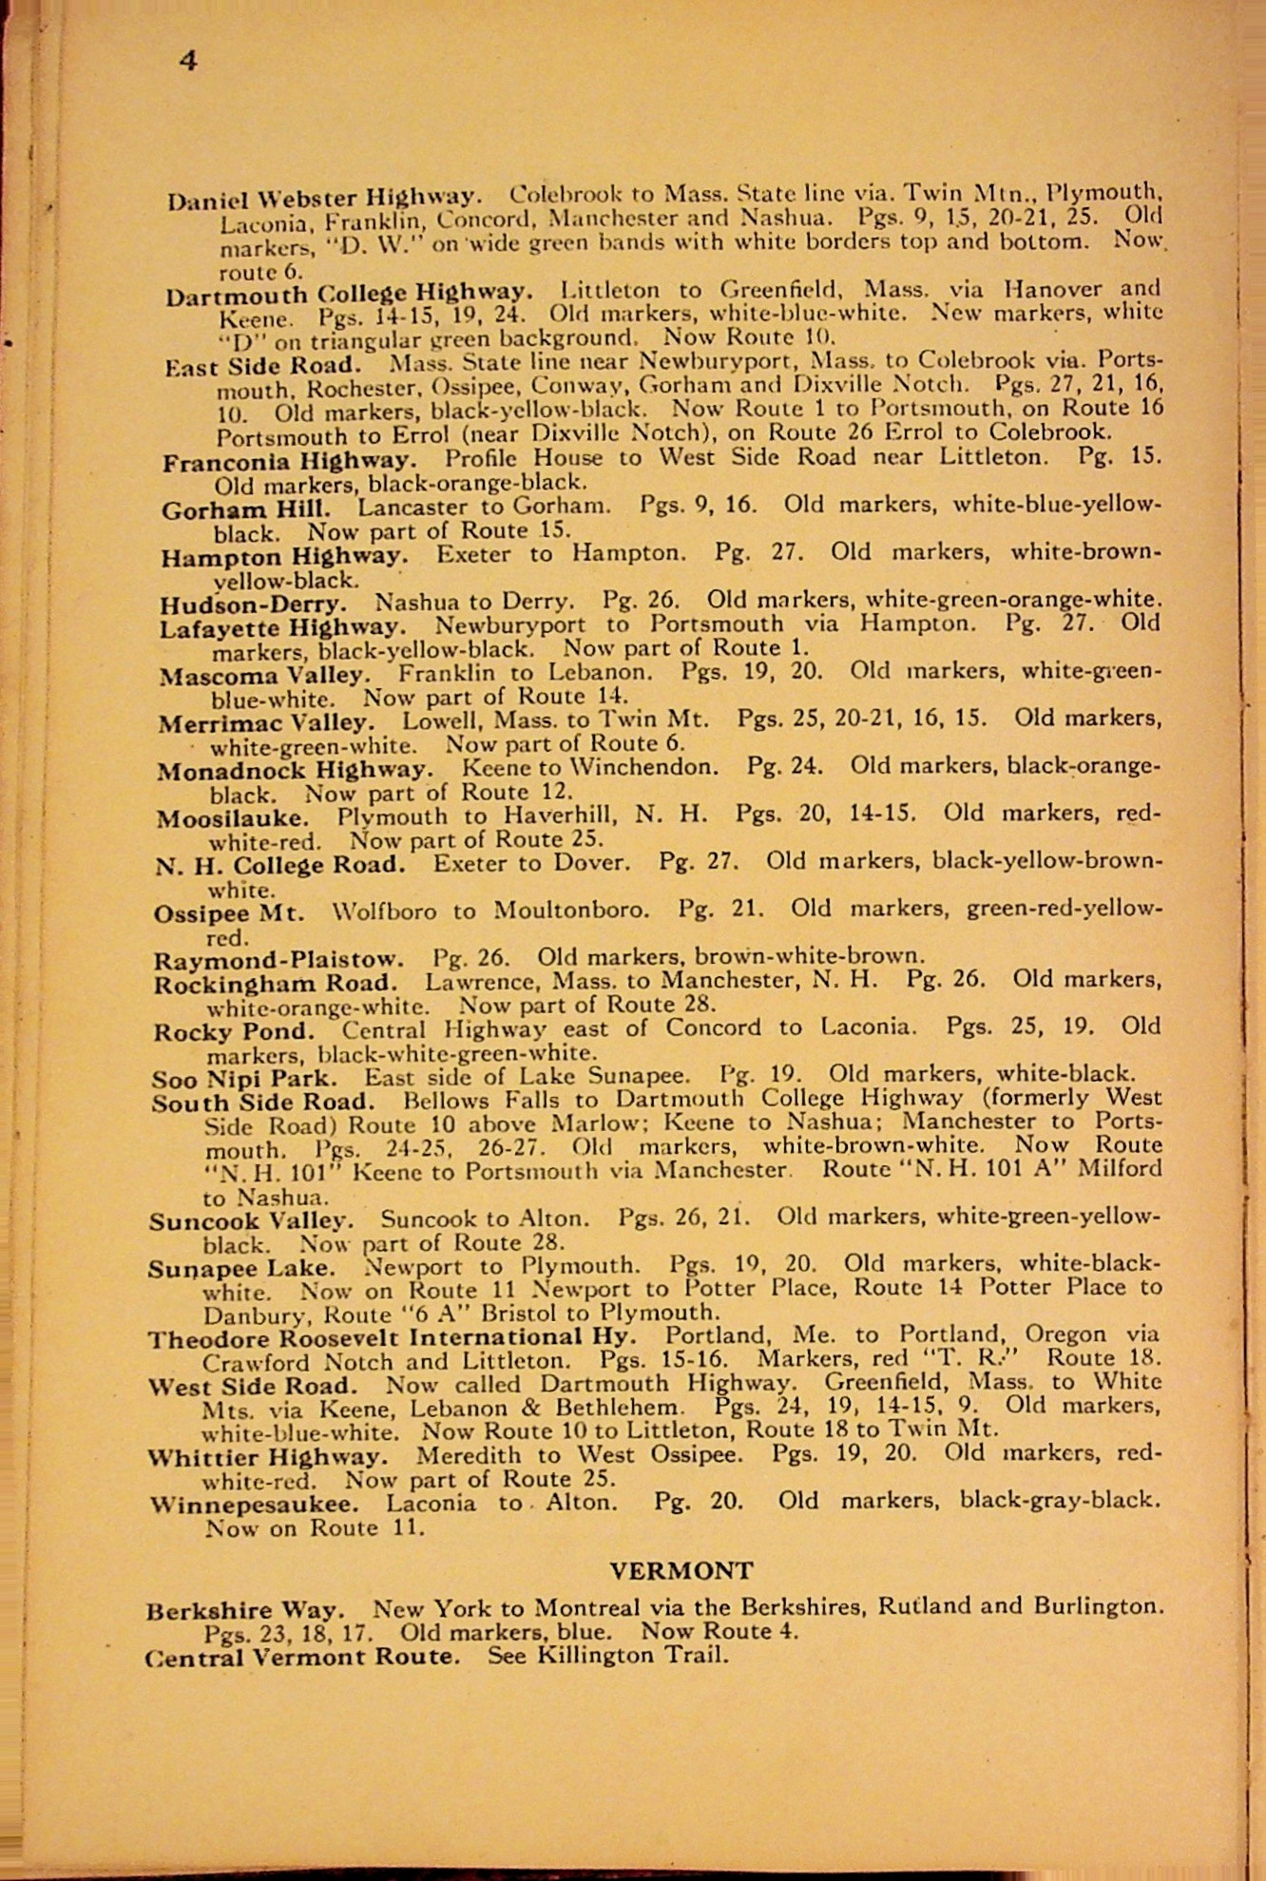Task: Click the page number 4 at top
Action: pyautogui.click(x=188, y=61)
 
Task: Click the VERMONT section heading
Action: pyautogui.click(x=681, y=1571)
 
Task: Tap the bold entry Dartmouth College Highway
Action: pyautogui.click(x=349, y=294)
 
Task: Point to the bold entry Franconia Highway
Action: pyautogui.click(x=289, y=462)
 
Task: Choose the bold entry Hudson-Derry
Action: pyautogui.click(x=254, y=604)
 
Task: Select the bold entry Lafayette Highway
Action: pyautogui.click(x=282, y=627)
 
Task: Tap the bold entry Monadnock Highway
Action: pyautogui.click(x=295, y=769)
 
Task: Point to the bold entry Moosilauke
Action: pyautogui.click(x=233, y=817)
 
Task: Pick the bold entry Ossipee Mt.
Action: pyautogui.click(x=229, y=912)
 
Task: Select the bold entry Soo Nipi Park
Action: pyautogui.click(x=243, y=1078)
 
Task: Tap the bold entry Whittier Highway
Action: pyautogui.click(x=268, y=1456)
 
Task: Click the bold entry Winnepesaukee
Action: pyautogui.click(x=254, y=1504)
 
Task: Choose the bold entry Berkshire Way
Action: pyautogui.click(x=244, y=1610)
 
